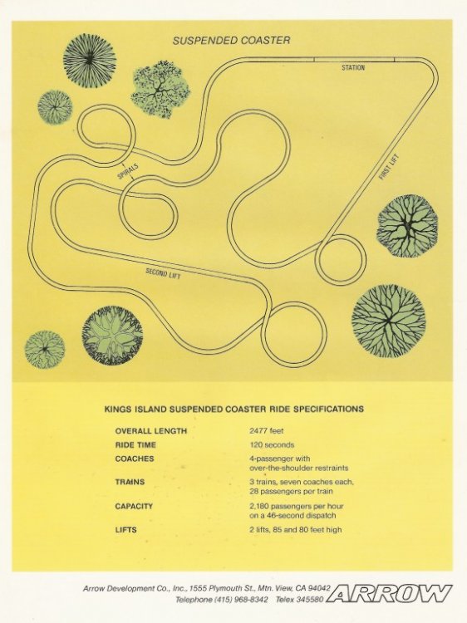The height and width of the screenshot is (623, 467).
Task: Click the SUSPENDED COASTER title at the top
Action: (x=231, y=41)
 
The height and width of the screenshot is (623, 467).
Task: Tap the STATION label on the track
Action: (x=353, y=68)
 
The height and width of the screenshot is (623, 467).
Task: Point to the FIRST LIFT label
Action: (x=388, y=167)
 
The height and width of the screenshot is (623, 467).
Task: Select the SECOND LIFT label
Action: (x=163, y=273)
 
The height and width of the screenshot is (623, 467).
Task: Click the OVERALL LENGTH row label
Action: (x=151, y=431)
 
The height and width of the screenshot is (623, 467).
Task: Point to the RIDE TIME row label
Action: (x=135, y=445)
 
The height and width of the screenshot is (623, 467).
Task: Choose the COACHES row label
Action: (x=135, y=459)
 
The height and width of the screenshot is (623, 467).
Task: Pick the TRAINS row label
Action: (x=130, y=482)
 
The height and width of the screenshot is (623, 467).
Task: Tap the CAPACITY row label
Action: (x=134, y=506)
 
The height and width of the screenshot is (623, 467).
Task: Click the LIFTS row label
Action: (x=126, y=530)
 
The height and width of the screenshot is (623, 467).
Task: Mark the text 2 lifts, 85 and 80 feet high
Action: (x=296, y=529)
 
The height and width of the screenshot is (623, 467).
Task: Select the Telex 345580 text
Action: (x=300, y=599)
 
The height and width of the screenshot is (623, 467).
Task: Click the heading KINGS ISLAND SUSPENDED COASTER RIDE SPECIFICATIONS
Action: (x=233, y=409)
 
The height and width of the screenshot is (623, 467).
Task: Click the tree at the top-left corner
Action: (x=90, y=59)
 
